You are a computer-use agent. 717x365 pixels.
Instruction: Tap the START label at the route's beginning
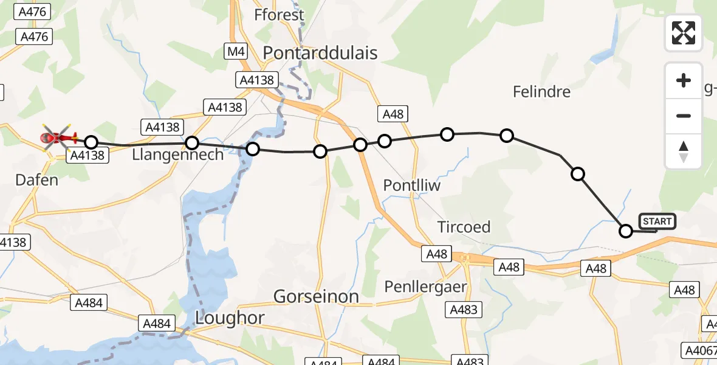[x=657, y=221]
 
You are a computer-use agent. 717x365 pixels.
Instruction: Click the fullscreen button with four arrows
[x=684, y=33]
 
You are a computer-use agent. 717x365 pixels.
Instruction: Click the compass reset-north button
[x=684, y=151]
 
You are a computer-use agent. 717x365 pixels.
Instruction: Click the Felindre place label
[x=541, y=92]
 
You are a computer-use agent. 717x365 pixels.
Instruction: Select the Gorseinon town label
[x=316, y=296]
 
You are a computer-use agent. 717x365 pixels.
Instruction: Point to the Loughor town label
[x=230, y=317]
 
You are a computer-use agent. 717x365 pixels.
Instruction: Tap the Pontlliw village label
[x=412, y=185]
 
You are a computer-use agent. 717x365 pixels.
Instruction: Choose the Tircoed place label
[x=464, y=227]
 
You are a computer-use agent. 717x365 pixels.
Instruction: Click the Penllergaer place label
[x=425, y=286]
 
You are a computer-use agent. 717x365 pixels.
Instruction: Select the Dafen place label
[x=38, y=179]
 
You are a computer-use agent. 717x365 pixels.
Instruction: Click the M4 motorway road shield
[x=236, y=52]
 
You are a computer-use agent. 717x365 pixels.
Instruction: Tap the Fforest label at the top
[x=280, y=15]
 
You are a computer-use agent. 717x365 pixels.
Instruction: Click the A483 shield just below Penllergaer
[x=464, y=310]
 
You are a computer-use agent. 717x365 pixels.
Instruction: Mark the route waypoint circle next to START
[x=625, y=231]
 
